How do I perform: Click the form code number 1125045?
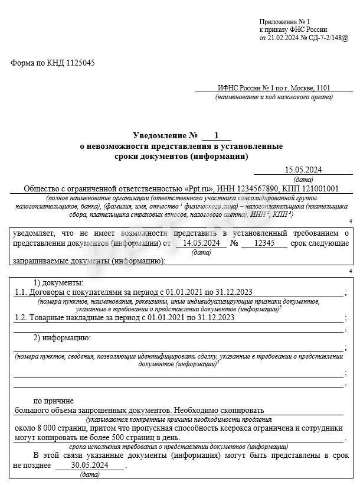[x=79, y=63]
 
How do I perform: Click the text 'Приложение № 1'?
[x=280, y=21]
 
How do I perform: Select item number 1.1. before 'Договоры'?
[x=22, y=292]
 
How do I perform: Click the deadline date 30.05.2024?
[x=89, y=466]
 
